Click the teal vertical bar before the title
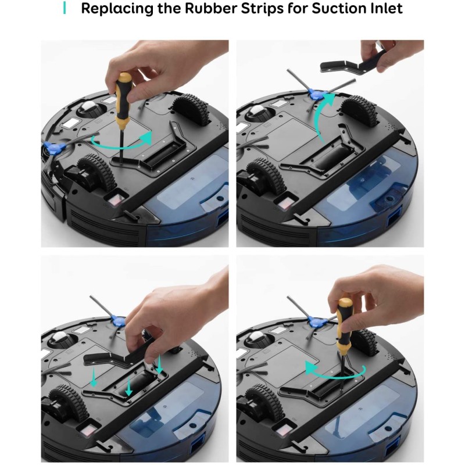tap(65, 9)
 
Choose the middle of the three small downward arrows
tap(130, 388)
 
